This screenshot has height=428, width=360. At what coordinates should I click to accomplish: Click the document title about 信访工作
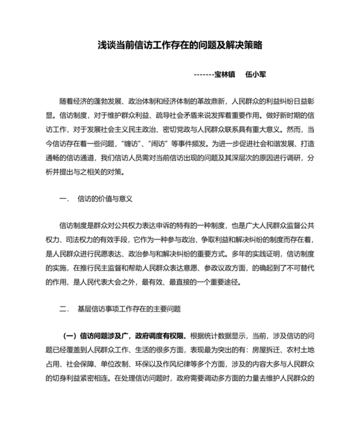point(180,46)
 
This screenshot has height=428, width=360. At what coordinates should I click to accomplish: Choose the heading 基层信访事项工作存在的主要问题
point(129,308)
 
